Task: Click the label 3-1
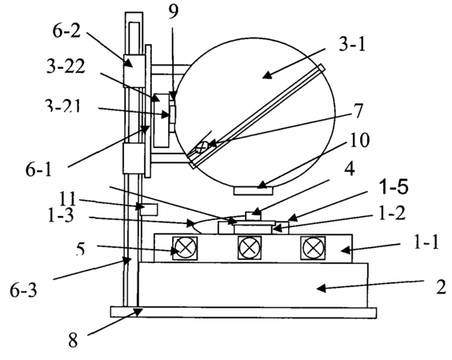352,45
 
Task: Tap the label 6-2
66,30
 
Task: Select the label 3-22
66,66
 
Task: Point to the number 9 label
173,11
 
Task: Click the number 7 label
358,110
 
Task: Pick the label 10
359,140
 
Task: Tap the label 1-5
394,186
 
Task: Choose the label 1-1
426,242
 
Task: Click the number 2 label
441,286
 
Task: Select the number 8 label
73,340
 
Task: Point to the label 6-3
23,290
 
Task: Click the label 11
67,198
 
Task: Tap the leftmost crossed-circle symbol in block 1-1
185,248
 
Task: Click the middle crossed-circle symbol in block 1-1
250,248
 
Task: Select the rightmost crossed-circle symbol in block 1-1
313,248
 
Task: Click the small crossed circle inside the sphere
202,147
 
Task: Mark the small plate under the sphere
253,190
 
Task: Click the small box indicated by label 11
149,210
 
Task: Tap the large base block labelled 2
254,285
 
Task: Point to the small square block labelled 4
253,217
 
